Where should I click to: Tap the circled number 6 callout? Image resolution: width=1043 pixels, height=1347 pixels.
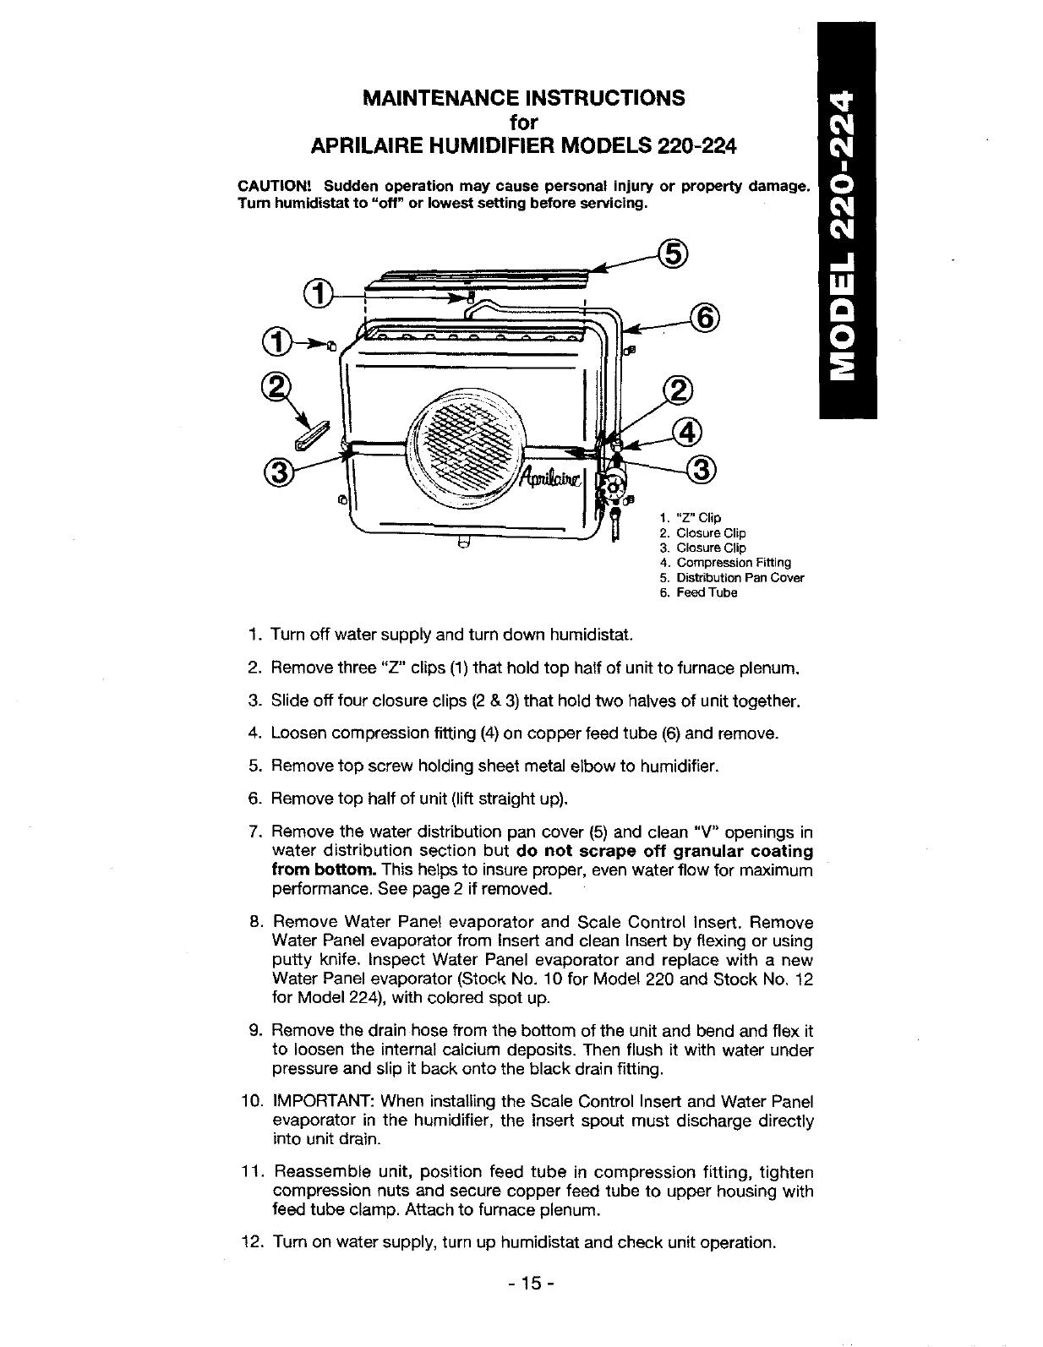[x=703, y=319]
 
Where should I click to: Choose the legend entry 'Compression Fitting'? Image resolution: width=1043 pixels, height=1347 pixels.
[x=730, y=563]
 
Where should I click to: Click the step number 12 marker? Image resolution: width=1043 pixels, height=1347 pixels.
[x=252, y=1243]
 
